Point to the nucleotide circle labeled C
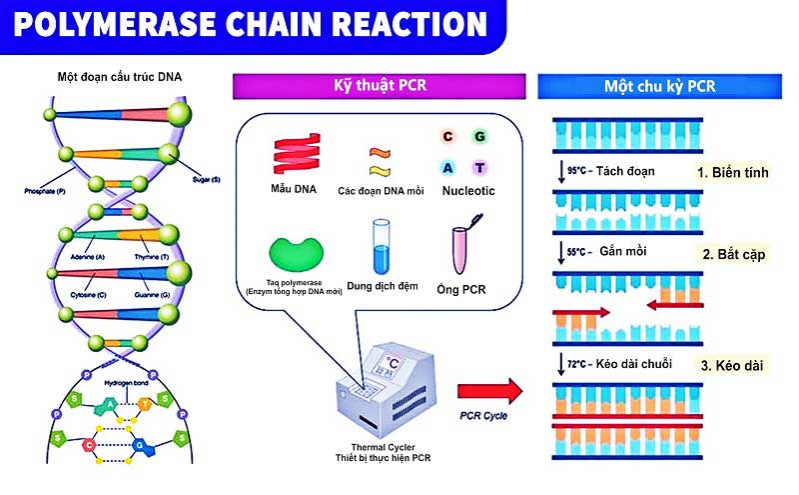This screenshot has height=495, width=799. (447, 135)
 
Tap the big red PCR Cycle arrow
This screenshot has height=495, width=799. (490, 388)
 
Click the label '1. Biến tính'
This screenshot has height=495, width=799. (733, 172)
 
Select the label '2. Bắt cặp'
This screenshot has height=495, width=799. (734, 254)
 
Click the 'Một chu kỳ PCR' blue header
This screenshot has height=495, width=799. (659, 86)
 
